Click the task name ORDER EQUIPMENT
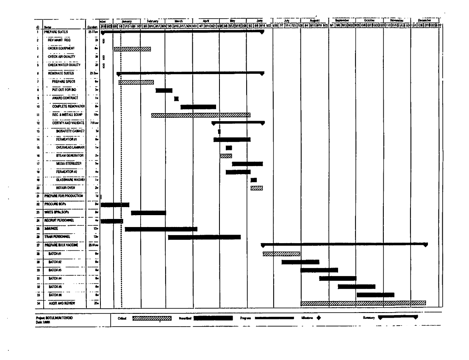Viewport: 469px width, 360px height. (x=61, y=49)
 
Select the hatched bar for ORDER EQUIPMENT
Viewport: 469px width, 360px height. (x=132, y=49)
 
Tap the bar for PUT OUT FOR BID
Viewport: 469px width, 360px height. (x=164, y=90)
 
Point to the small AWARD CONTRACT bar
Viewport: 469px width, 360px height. (x=176, y=99)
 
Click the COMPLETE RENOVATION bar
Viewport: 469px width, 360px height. (x=198, y=107)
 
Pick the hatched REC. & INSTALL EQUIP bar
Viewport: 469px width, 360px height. (x=200, y=115)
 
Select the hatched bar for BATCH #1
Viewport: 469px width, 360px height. (x=281, y=254)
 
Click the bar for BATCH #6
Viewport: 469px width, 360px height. (x=375, y=295)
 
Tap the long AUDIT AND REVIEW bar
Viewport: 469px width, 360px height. (x=363, y=303)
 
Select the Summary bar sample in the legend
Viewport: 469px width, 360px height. (x=398, y=318)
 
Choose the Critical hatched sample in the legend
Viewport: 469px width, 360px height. (x=152, y=318)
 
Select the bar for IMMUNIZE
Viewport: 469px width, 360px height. (x=161, y=229)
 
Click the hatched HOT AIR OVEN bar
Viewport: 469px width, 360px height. (x=256, y=188)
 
